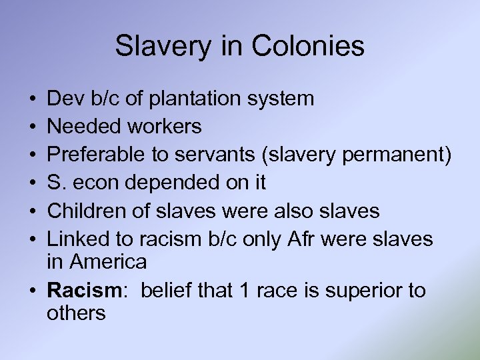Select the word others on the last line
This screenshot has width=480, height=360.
coord(76,313)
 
